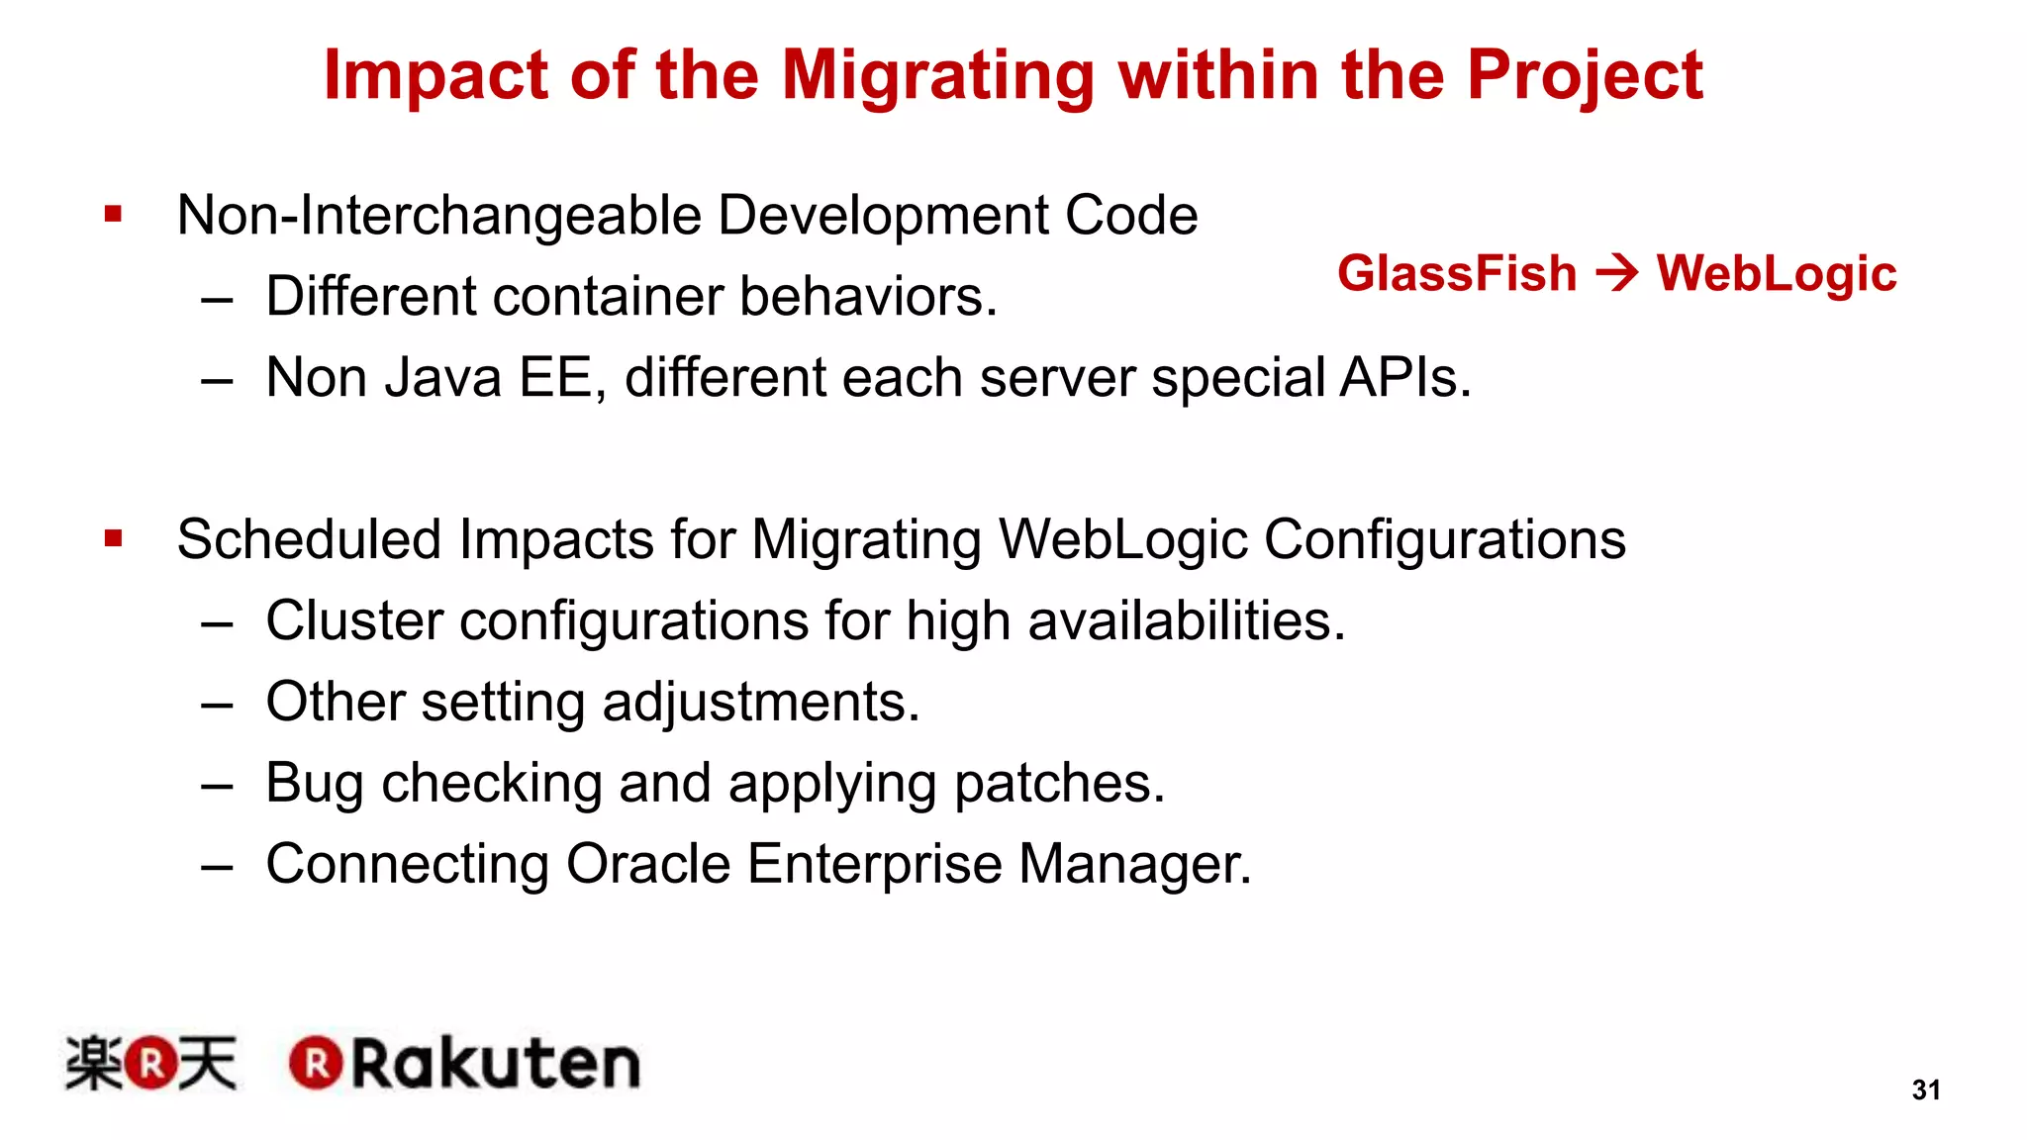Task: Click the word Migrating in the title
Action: tap(938, 77)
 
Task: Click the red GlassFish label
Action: tap(1456, 273)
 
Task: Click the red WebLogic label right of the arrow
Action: tap(1777, 274)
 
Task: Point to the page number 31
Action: tap(1925, 1090)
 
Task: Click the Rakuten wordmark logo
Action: tap(465, 1064)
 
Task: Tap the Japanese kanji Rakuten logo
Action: tap(150, 1064)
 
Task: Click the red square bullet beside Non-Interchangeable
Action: tap(113, 214)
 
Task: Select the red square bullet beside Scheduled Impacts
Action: tap(113, 538)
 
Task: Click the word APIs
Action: tap(1404, 378)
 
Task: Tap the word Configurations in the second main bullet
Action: tap(1444, 540)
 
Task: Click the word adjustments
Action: tap(760, 704)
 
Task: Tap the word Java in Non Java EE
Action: tap(442, 378)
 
